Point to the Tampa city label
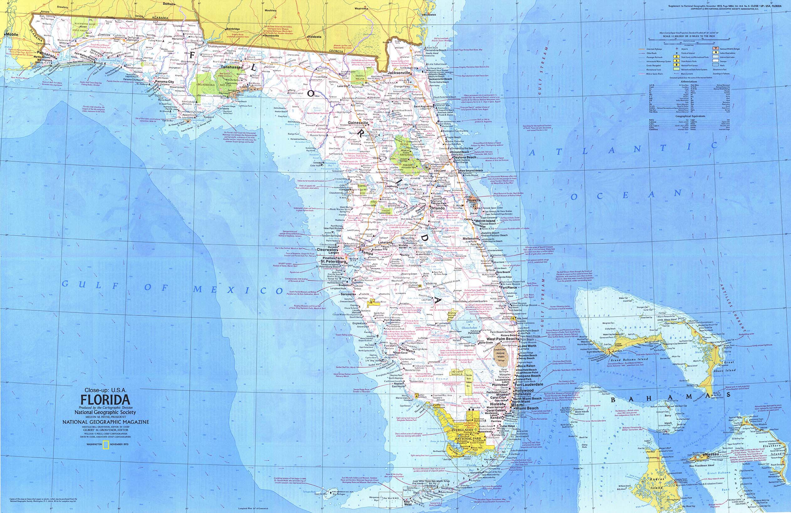click(x=367, y=253)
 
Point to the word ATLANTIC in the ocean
click(x=625, y=149)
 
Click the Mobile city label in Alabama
click(x=12, y=34)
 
